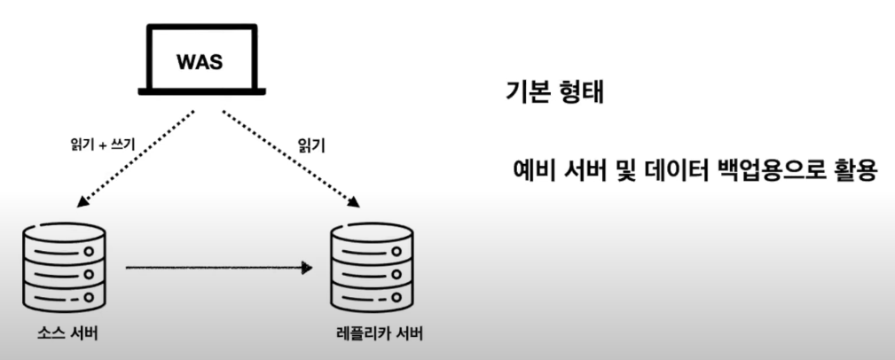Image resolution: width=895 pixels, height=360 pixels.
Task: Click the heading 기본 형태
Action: coord(553,93)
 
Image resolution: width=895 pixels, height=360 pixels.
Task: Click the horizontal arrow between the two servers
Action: coord(217,266)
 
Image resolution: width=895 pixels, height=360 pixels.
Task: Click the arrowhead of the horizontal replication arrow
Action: coord(307,266)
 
